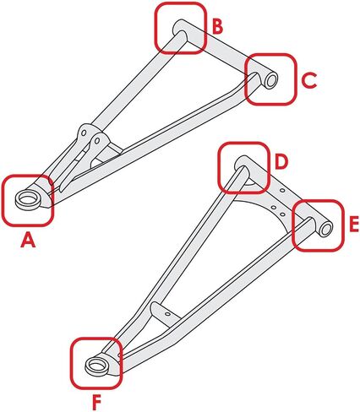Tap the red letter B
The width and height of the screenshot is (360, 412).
click(x=217, y=27)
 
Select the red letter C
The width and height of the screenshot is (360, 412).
click(x=309, y=80)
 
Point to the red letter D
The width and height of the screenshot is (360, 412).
click(x=281, y=162)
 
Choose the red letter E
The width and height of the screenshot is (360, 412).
click(x=354, y=225)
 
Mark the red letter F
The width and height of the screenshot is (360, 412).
click(x=96, y=403)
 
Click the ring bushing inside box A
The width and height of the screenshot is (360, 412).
click(x=28, y=200)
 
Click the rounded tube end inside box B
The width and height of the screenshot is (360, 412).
click(x=180, y=29)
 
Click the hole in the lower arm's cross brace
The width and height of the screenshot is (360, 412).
click(x=167, y=313)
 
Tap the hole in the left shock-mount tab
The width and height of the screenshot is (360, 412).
click(x=84, y=133)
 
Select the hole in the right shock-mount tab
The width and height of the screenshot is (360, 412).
click(x=97, y=140)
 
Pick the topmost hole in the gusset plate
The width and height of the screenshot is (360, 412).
click(x=282, y=191)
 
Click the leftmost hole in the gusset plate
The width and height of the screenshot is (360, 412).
click(x=273, y=208)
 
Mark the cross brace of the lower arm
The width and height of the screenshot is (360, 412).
click(x=166, y=314)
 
